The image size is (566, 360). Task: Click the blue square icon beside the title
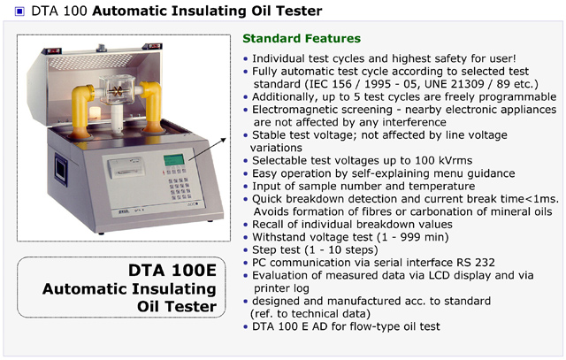[x=19, y=11]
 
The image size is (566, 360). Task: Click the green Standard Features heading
[x=302, y=38]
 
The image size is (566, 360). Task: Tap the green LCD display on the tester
[x=173, y=159]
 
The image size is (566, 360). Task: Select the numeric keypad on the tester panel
[x=180, y=188]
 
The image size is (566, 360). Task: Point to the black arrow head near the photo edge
[x=224, y=140]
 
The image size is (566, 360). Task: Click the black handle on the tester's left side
[x=61, y=169]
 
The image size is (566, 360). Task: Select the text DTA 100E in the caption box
[x=172, y=270]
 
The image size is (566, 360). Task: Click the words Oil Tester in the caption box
[x=177, y=306]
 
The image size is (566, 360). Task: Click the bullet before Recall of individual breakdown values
[x=246, y=225]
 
